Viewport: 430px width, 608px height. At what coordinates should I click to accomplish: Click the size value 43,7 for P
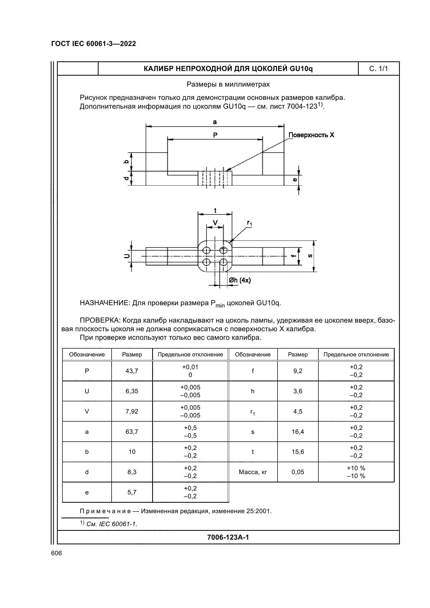pyautogui.click(x=132, y=371)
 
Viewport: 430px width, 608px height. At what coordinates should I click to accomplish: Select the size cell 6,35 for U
pyautogui.click(x=132, y=391)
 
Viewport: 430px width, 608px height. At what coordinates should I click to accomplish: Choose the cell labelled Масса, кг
pyautogui.click(x=253, y=472)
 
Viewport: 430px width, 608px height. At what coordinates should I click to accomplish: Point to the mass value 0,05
pyautogui.click(x=298, y=472)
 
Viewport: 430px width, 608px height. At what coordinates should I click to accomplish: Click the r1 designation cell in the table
pyautogui.click(x=253, y=412)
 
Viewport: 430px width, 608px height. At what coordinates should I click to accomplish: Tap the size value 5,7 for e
pyautogui.click(x=132, y=492)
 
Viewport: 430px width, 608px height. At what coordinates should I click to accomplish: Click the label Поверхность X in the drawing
pyautogui.click(x=311, y=135)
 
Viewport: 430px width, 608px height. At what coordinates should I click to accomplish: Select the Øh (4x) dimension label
pyautogui.click(x=240, y=280)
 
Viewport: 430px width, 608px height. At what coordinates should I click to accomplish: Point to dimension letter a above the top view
pyautogui.click(x=215, y=122)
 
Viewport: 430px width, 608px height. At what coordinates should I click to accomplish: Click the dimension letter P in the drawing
pyautogui.click(x=215, y=135)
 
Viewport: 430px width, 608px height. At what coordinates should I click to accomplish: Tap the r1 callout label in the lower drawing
pyautogui.click(x=249, y=223)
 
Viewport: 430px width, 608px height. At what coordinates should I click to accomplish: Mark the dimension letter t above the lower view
pyautogui.click(x=215, y=210)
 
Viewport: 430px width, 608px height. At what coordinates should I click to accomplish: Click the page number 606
pyautogui.click(x=56, y=553)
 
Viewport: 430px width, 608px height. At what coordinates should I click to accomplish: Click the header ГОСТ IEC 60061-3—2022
pyautogui.click(x=94, y=44)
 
